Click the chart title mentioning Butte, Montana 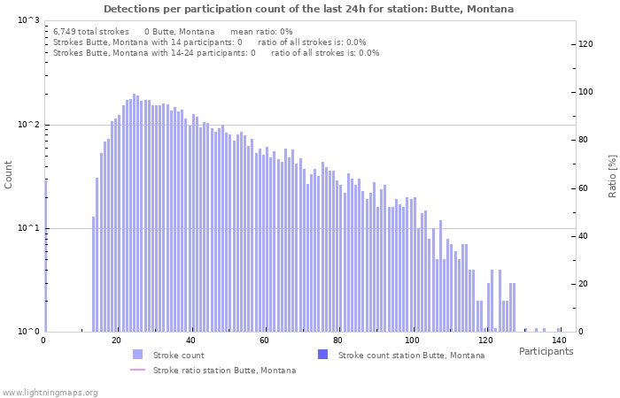[308, 9]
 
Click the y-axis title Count [9, 175]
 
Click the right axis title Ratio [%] [612, 175]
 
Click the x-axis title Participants [546, 352]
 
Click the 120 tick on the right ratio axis [585, 44]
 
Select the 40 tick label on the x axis [190, 341]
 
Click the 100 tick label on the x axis [411, 341]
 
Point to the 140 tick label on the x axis [559, 341]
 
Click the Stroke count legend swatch [137, 355]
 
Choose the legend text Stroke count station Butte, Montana [411, 355]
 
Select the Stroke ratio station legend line [137, 370]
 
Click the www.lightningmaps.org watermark [50, 392]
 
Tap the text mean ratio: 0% [261, 31]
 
